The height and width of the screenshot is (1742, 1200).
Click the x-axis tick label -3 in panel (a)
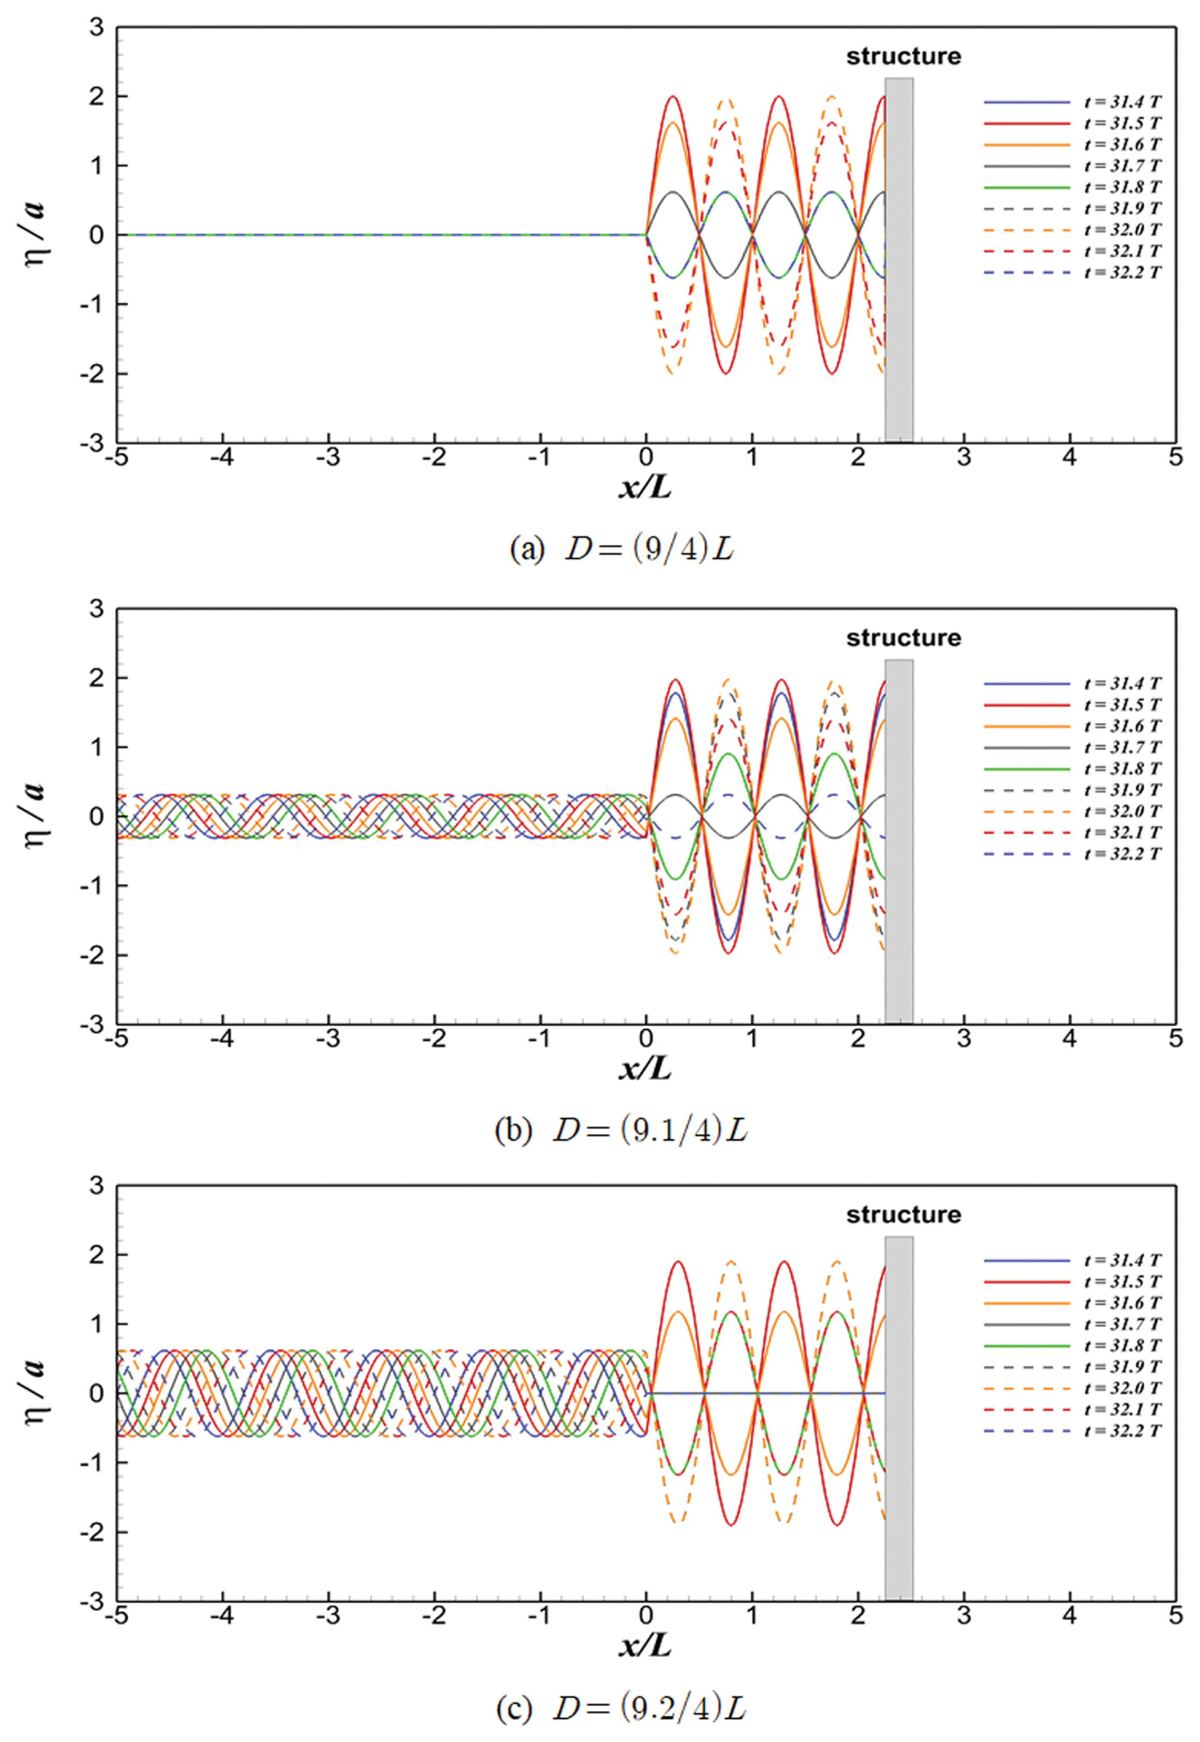328,457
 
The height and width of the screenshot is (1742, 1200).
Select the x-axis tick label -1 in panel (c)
539,1616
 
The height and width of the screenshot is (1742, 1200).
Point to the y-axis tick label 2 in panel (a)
98,96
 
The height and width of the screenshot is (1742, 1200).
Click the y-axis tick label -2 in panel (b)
93,955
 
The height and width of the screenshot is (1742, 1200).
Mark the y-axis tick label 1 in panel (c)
98,1324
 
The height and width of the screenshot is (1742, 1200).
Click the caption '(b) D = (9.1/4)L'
621,1129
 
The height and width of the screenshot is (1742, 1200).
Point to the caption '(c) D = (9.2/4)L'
621,1709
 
